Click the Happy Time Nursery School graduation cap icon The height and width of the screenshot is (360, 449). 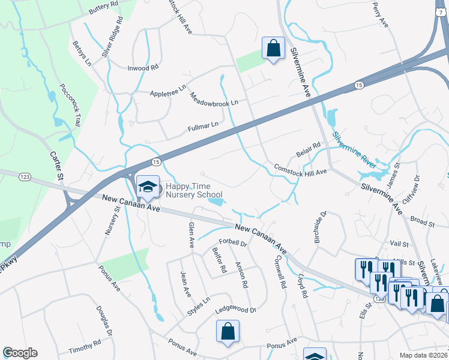(x=147, y=188)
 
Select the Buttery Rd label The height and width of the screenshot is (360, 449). (x=104, y=8)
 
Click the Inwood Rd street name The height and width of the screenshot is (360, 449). (x=143, y=68)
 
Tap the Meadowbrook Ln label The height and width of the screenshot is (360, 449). (x=214, y=99)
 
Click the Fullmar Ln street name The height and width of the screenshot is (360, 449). (x=202, y=125)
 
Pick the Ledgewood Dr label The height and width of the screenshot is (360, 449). (x=236, y=311)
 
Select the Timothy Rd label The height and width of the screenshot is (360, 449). (x=84, y=347)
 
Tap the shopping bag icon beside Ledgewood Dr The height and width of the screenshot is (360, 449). (x=228, y=331)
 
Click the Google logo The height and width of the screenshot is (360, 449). (x=20, y=353)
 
